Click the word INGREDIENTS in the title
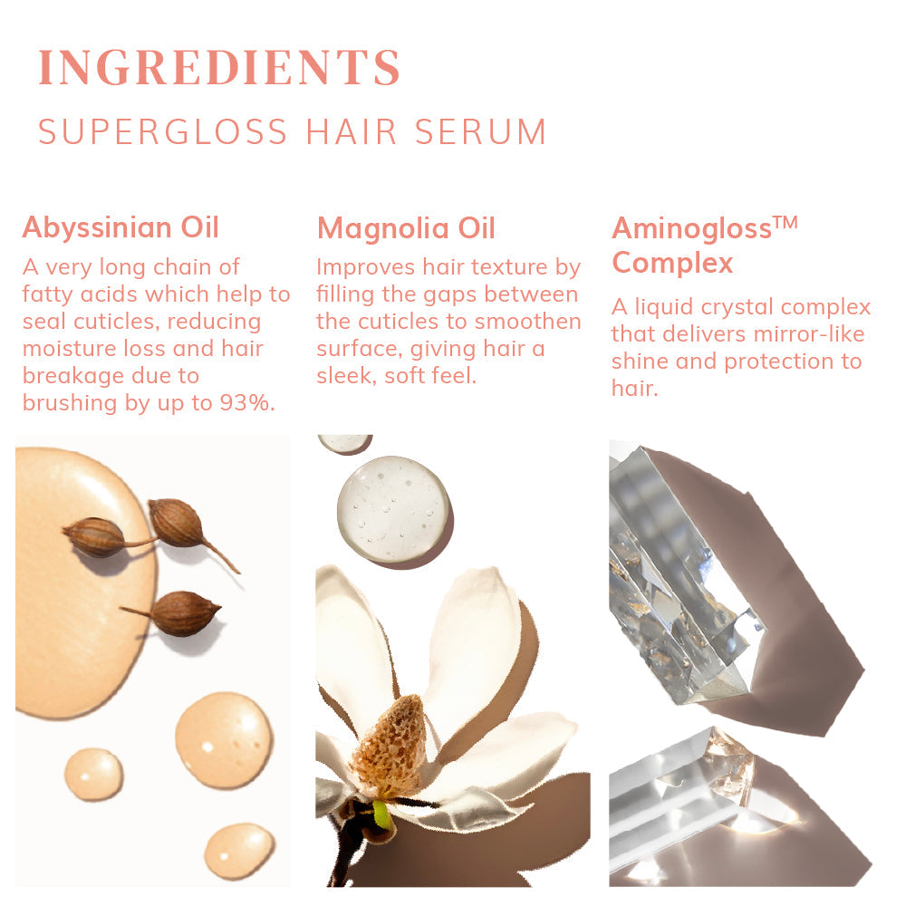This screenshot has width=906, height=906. point(219,67)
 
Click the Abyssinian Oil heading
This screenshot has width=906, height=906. point(120,226)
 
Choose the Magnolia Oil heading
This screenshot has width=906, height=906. point(406,228)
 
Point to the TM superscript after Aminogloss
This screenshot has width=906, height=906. point(786,220)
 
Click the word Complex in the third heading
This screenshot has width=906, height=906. point(672,263)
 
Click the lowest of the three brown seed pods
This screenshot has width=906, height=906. point(183,613)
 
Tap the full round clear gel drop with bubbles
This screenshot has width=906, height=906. point(393,509)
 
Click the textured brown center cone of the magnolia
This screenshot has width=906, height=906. point(390,747)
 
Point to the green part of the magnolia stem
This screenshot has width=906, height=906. point(382,814)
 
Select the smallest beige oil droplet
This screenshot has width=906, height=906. point(93,774)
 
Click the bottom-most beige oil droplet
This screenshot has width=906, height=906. point(238,850)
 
